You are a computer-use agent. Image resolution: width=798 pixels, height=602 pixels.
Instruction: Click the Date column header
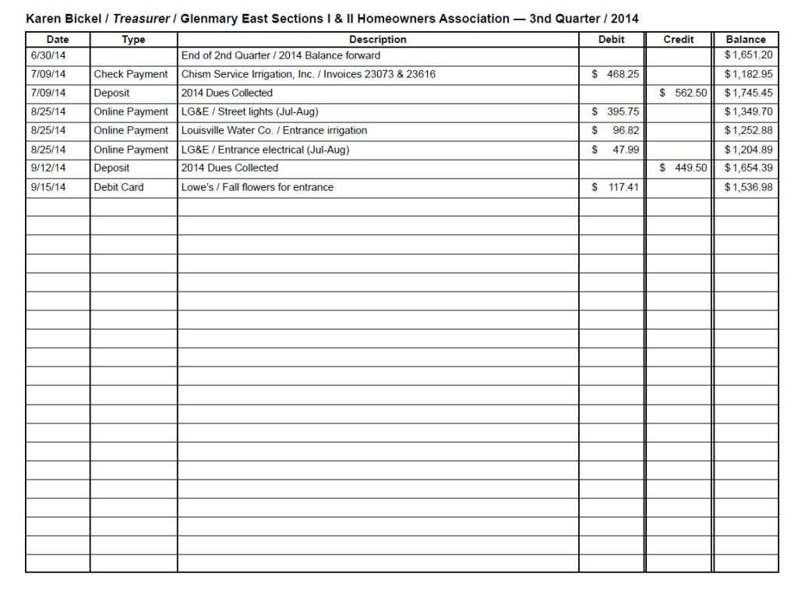[x=57, y=39]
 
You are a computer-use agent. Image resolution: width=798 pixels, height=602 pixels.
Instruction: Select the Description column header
[x=377, y=39]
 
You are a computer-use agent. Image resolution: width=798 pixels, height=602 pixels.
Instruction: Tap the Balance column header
[x=746, y=39]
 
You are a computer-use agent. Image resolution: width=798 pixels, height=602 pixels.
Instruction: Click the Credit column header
[x=678, y=39]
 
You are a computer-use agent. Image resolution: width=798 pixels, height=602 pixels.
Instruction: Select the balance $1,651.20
[x=749, y=55]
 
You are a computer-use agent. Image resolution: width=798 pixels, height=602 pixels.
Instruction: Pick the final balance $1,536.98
[x=749, y=187]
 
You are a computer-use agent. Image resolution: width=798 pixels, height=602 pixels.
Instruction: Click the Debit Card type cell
[x=118, y=187]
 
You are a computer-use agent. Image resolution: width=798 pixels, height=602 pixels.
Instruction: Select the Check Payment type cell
[x=130, y=74]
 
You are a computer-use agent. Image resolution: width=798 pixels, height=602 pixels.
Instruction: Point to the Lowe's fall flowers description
[x=257, y=187]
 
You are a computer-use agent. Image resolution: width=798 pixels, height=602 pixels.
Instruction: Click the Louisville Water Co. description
[x=274, y=130]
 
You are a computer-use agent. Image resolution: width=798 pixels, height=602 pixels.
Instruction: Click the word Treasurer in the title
[x=141, y=18]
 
